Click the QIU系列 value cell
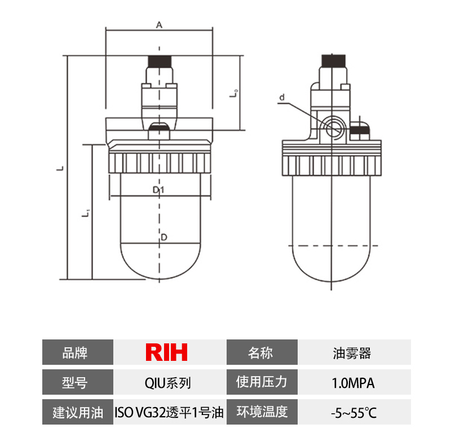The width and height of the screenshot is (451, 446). pyautogui.click(x=167, y=383)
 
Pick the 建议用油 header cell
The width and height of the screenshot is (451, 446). pyautogui.click(x=78, y=413)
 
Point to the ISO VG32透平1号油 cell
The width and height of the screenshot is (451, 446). pyautogui.click(x=169, y=413)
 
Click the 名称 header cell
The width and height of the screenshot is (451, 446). pyautogui.click(x=260, y=353)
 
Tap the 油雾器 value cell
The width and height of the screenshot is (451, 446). pyautogui.click(x=352, y=353)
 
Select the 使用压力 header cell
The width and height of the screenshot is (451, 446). pyautogui.click(x=262, y=383)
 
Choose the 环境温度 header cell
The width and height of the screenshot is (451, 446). pyautogui.click(x=262, y=413)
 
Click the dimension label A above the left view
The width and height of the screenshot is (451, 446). pyautogui.click(x=159, y=25)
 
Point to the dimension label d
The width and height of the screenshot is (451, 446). pyautogui.click(x=282, y=98)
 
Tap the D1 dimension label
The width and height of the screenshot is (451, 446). pyautogui.click(x=158, y=190)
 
